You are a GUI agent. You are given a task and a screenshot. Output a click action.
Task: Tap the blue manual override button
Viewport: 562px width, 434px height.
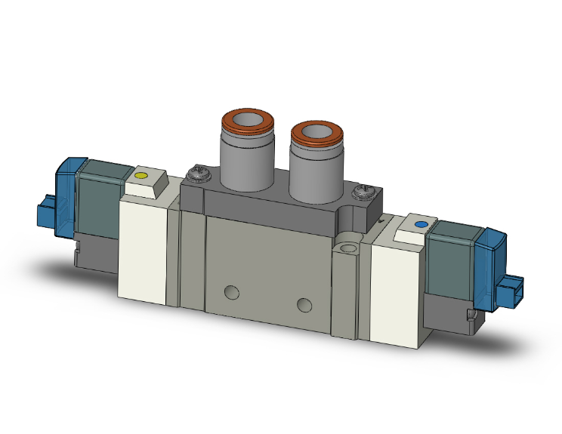[421, 225]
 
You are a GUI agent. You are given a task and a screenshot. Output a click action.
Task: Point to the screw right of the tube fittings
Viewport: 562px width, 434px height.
[366, 192]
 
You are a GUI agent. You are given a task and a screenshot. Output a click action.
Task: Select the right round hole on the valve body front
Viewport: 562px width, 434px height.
[304, 304]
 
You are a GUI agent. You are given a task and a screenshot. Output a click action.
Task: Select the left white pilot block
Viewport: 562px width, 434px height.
[144, 249]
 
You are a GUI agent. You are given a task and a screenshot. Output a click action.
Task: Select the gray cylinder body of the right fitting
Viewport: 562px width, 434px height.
[311, 169]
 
